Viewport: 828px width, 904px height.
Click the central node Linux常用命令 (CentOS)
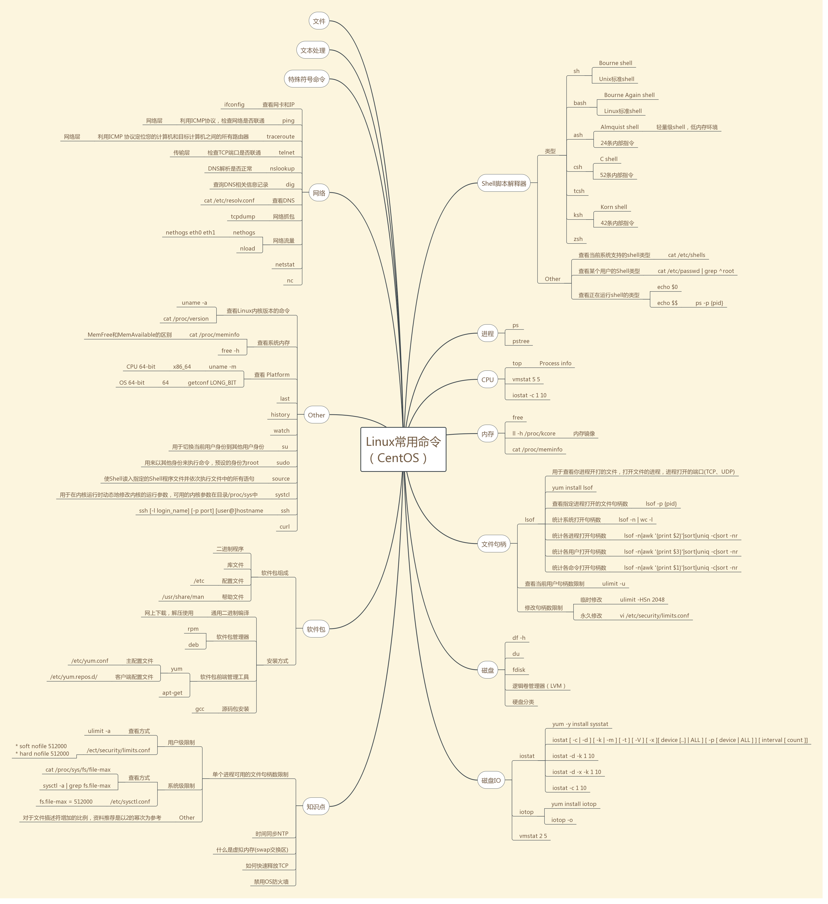click(403, 449)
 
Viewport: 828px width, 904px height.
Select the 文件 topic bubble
click(319, 21)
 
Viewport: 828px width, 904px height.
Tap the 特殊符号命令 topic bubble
click(307, 79)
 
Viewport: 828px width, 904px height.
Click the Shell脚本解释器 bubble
click(504, 183)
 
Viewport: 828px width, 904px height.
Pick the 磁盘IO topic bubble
click(491, 780)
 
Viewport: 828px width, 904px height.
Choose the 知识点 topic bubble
click(316, 807)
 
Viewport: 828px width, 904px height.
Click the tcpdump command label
click(243, 217)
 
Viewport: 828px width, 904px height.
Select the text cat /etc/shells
click(686, 255)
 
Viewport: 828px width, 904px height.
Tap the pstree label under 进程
click(521, 341)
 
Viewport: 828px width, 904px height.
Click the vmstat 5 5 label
click(526, 379)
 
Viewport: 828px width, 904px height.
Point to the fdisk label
click(519, 670)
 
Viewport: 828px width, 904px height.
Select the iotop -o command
click(562, 820)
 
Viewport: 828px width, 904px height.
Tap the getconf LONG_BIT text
click(212, 383)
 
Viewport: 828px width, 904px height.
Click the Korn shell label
click(613, 207)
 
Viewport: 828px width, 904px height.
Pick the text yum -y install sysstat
click(580, 724)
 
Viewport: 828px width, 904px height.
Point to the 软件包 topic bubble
click(316, 629)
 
